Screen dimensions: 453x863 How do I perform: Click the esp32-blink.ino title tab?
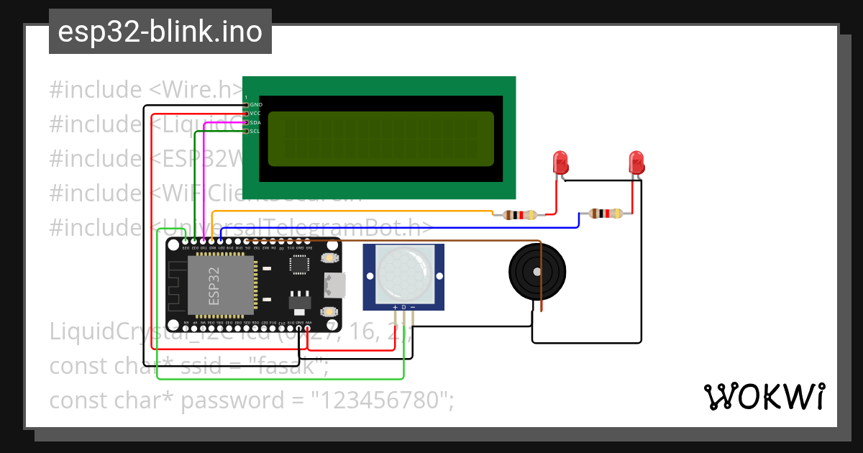(160, 32)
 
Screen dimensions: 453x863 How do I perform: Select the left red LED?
(560, 163)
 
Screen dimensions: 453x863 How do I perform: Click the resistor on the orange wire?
(520, 214)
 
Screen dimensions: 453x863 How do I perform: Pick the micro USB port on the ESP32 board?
(336, 285)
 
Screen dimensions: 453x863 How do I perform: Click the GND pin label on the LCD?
(256, 105)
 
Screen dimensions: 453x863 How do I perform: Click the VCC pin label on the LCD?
(256, 114)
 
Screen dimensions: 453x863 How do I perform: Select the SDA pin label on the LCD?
(256, 122)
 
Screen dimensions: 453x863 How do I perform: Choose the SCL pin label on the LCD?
(256, 131)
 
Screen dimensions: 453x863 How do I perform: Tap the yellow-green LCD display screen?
(380, 139)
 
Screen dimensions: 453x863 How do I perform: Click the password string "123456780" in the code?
(380, 400)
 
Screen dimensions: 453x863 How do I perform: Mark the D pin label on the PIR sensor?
(404, 308)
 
